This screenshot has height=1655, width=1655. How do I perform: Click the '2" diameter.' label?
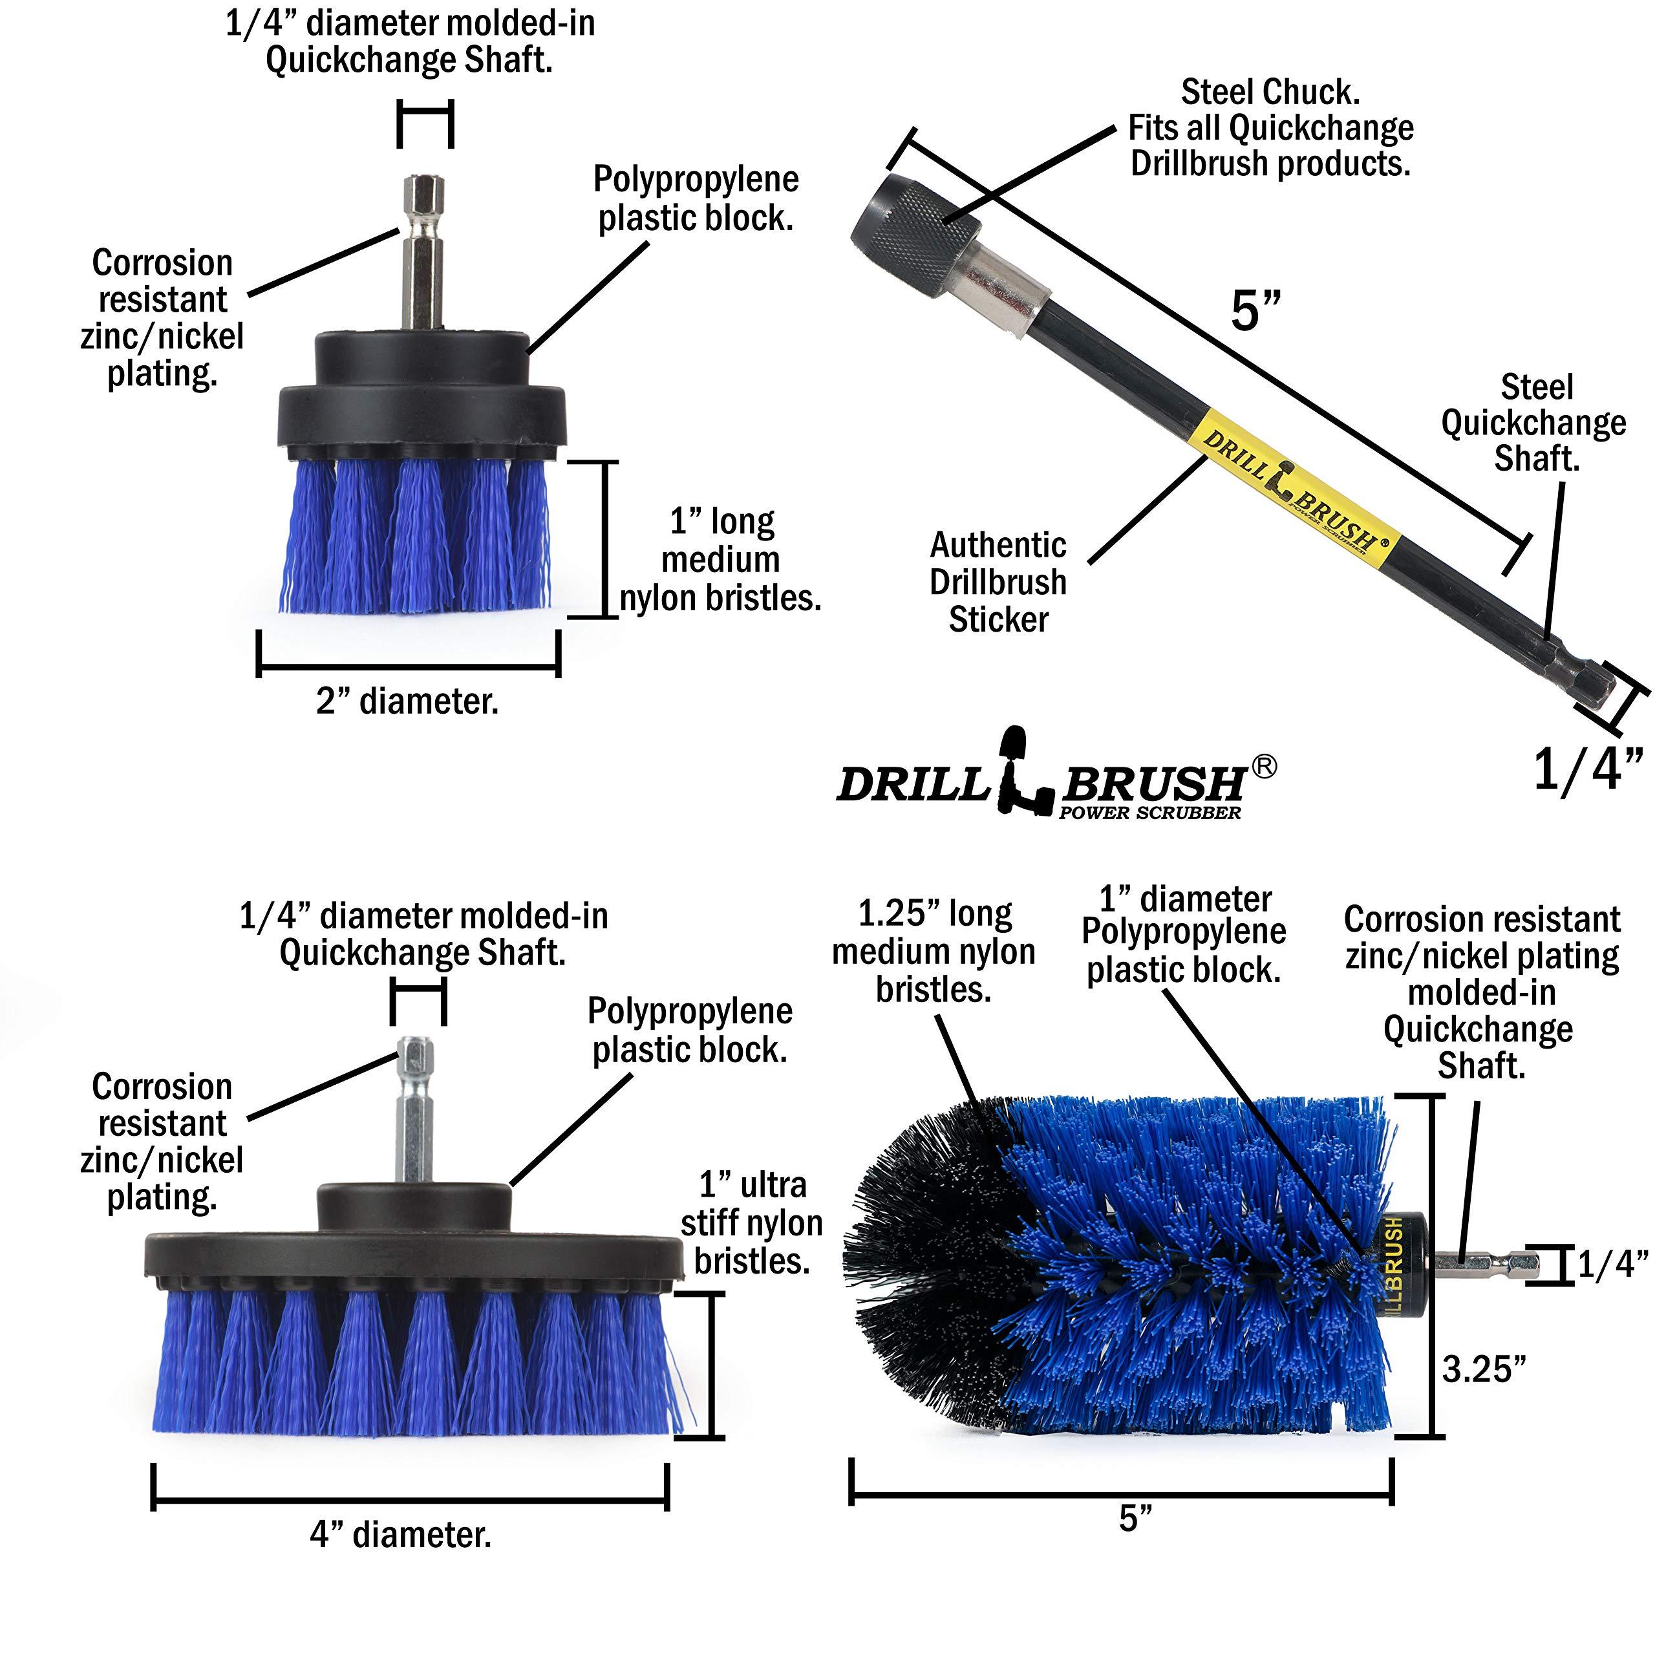(x=407, y=701)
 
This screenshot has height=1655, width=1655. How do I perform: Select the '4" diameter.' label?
(x=401, y=1533)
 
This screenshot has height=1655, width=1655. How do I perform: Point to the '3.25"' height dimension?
(x=1484, y=1368)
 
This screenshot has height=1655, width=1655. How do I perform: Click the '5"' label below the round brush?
(x=1135, y=1518)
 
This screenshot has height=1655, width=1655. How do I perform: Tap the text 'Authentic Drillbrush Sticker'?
(x=998, y=582)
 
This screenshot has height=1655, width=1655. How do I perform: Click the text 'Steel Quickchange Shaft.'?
(x=1534, y=422)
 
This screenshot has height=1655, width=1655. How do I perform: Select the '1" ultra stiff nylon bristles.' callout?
(x=751, y=1223)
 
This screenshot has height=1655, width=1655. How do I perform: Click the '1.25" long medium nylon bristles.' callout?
(x=934, y=951)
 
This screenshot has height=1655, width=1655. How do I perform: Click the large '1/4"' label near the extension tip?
(x=1586, y=769)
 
